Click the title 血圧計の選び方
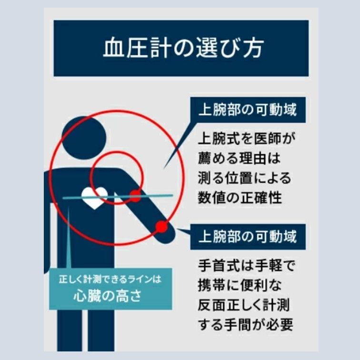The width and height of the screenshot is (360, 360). click(x=183, y=48)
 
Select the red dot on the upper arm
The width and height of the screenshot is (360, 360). click(x=135, y=196)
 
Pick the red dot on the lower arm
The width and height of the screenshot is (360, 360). click(x=162, y=227)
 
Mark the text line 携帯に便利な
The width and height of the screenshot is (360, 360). click(x=239, y=285)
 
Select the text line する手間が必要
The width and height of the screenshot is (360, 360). click(x=245, y=325)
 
